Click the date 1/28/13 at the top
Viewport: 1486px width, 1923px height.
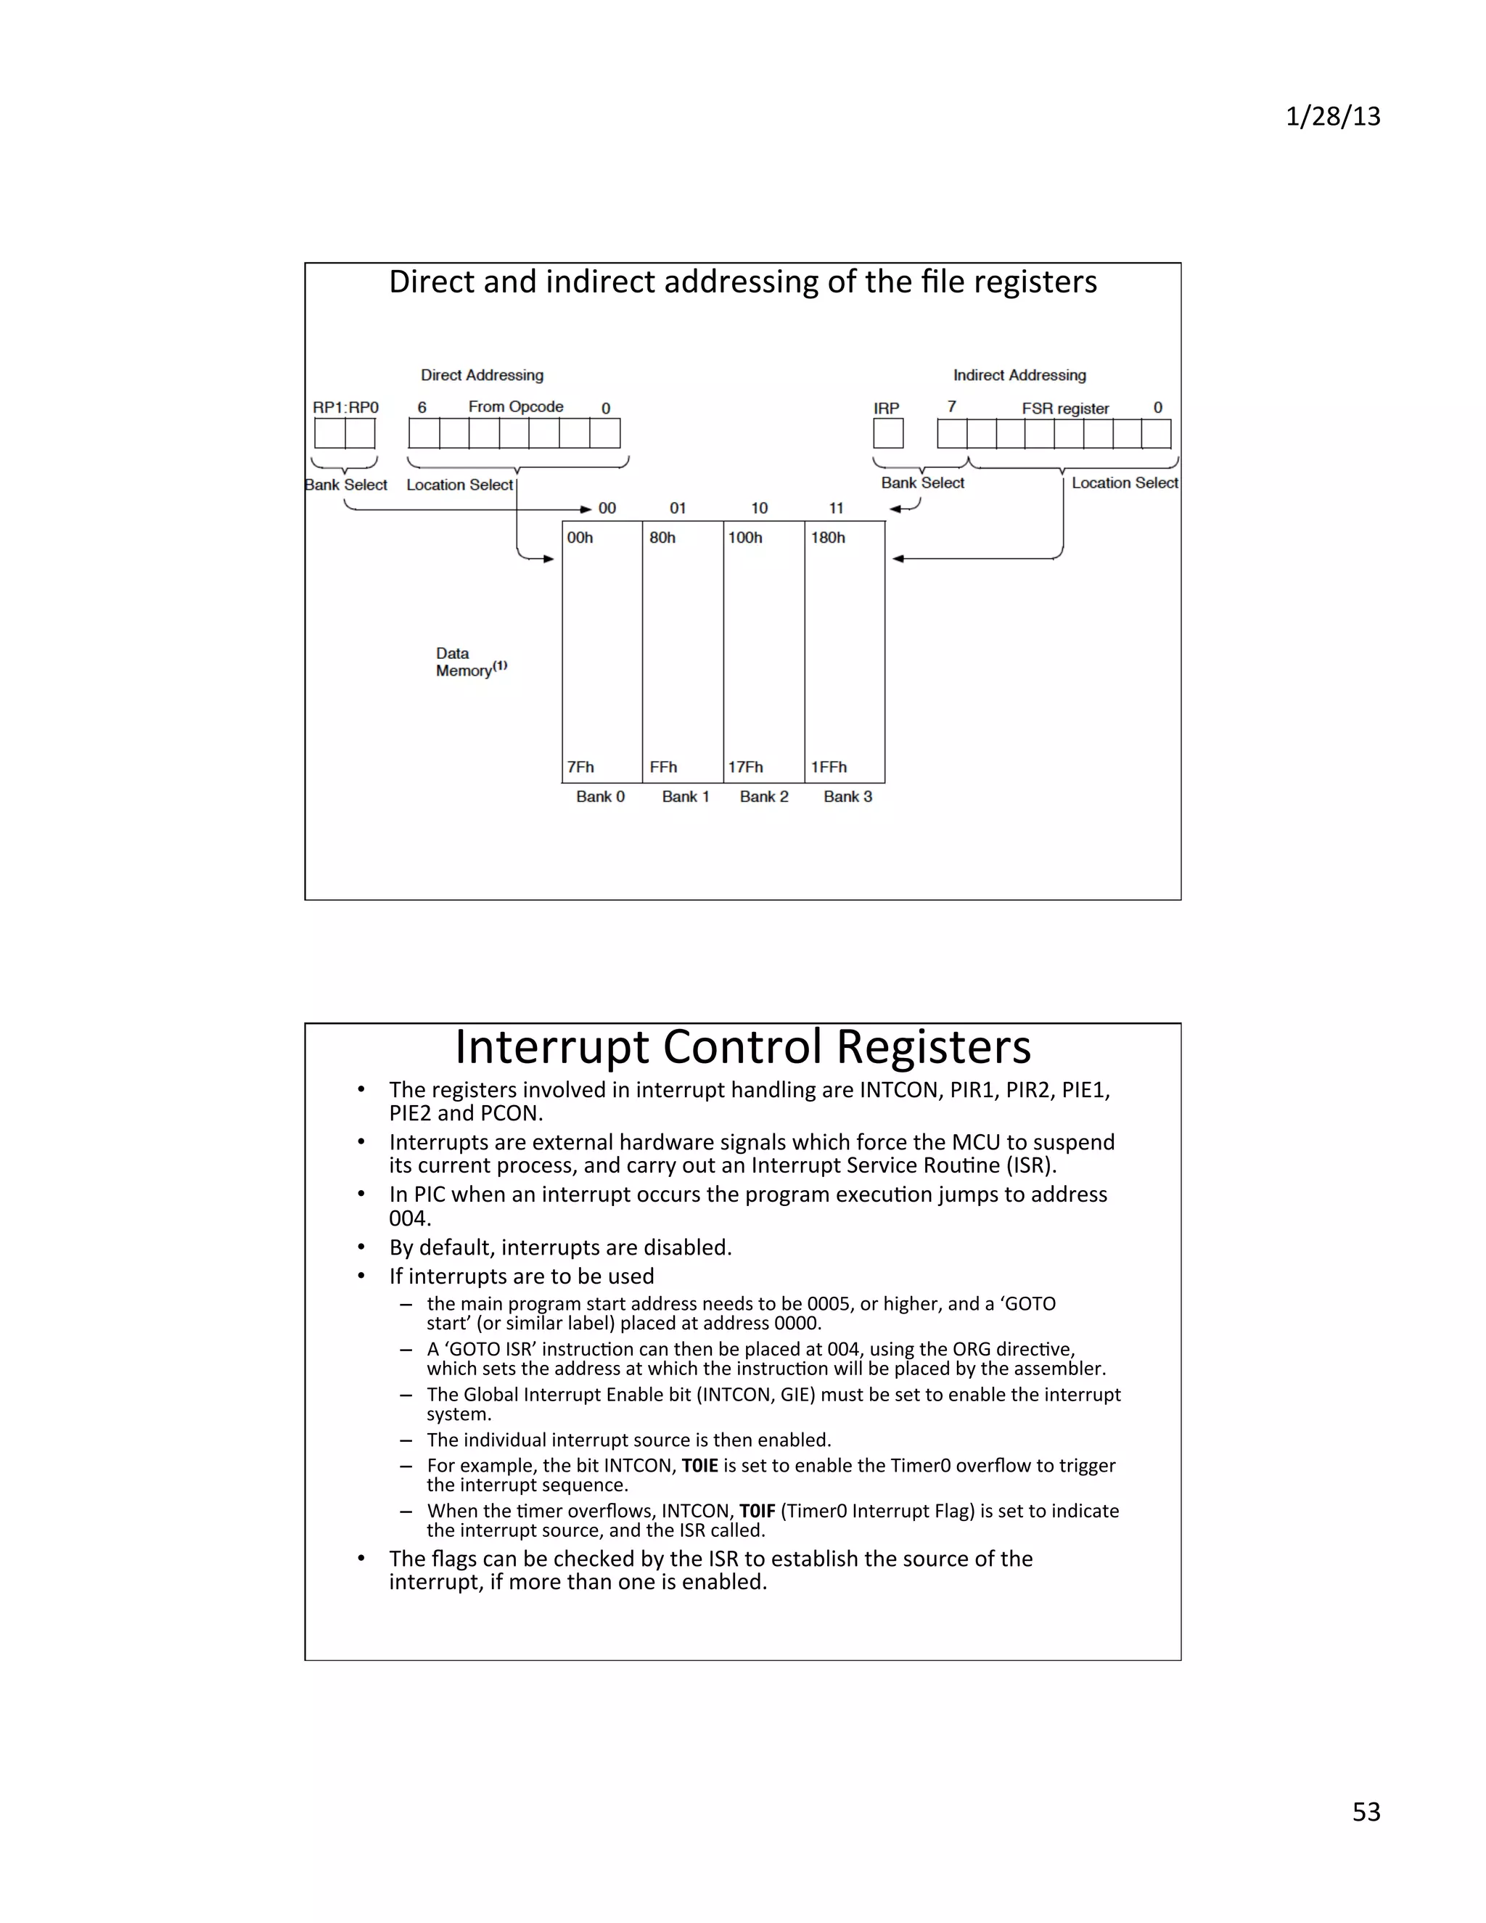coord(1332,117)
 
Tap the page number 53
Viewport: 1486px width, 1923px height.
coord(1366,1811)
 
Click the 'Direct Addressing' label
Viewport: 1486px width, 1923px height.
coord(482,375)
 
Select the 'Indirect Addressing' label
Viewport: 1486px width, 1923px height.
coord(1019,375)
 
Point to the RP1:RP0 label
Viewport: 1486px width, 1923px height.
coord(345,408)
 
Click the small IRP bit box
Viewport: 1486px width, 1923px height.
coord(887,433)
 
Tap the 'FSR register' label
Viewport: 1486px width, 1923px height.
coord(1064,409)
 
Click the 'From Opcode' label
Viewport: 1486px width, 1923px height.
coord(515,407)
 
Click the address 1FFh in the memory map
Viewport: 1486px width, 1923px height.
coord(829,767)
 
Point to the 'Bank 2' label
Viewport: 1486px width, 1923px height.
coord(763,797)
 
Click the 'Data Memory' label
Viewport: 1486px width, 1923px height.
coord(464,662)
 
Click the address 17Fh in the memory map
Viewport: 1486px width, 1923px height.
coord(744,767)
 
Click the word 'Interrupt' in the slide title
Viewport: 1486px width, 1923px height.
coord(552,1048)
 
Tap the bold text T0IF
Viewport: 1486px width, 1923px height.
coord(756,1511)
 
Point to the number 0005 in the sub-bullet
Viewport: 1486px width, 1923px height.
coord(830,1303)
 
